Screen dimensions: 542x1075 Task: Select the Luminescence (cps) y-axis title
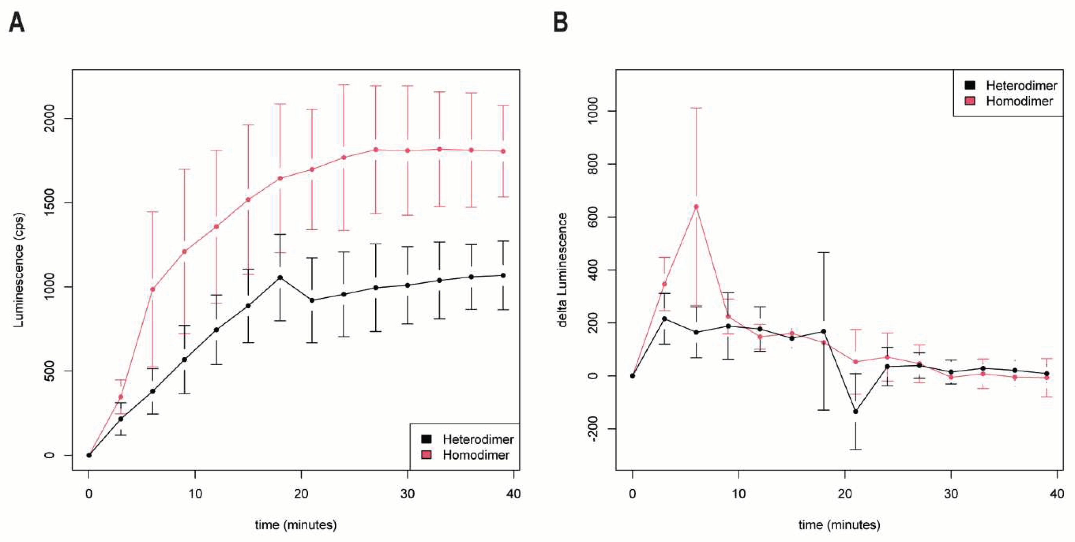[19, 270]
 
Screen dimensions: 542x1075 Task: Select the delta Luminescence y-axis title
[563, 270]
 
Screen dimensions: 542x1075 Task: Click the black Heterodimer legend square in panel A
[426, 439]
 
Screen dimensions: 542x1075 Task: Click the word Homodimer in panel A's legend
[476, 455]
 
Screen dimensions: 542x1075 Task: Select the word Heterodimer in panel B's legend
[1021, 86]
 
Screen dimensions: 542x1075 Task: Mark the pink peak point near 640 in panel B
[696, 207]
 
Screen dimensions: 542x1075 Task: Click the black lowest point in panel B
[856, 411]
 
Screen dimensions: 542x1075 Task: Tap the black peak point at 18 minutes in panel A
[280, 277]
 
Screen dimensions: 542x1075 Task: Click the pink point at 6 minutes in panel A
[152, 289]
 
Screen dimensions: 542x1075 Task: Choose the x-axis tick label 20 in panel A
[301, 494]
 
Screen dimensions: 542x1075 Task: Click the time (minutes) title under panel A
[295, 524]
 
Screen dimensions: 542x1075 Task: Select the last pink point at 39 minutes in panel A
[503, 151]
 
